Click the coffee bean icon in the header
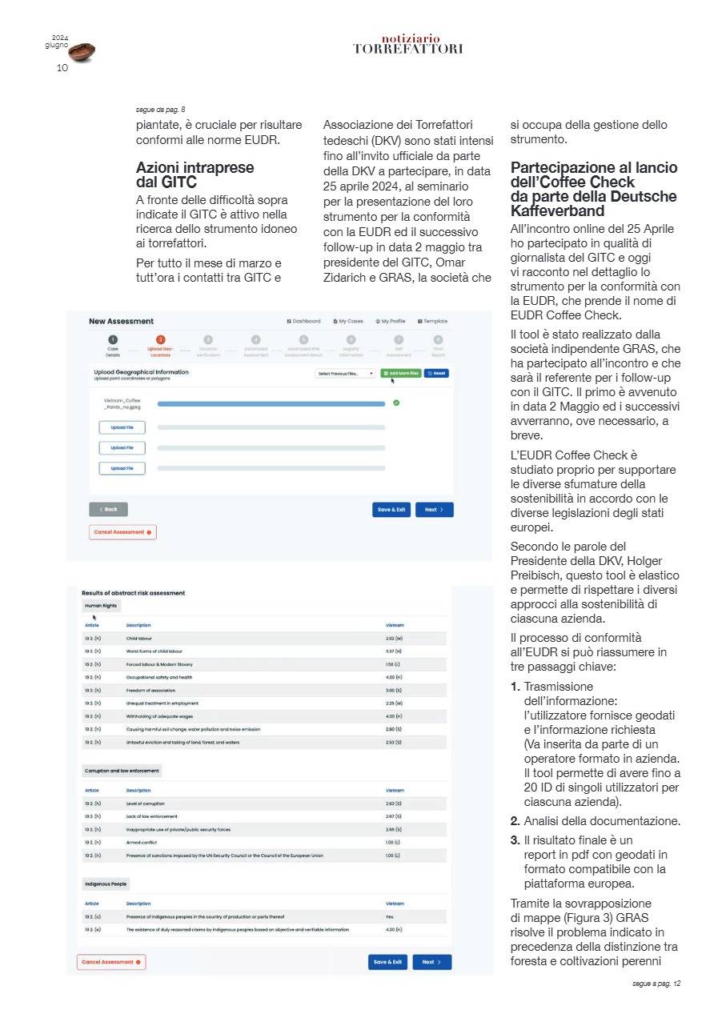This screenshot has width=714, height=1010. (x=82, y=52)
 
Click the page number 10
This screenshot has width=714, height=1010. (x=62, y=68)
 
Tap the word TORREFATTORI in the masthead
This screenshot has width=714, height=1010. (x=408, y=49)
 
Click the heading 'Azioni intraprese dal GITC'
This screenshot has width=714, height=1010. (x=195, y=174)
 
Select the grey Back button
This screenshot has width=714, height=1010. (x=108, y=509)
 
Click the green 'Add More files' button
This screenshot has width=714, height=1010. (x=400, y=373)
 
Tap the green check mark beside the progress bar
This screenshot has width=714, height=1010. (x=396, y=403)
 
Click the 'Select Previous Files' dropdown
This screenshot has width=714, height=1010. (x=346, y=374)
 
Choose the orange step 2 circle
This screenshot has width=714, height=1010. (x=160, y=340)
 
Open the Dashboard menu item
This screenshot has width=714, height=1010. (x=303, y=321)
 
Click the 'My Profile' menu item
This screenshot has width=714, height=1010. (x=390, y=321)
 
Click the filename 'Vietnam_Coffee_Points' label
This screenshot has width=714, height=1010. (x=122, y=403)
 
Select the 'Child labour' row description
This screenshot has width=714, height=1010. (x=139, y=639)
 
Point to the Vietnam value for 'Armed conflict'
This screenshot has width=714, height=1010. (x=391, y=842)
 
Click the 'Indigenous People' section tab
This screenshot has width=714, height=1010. (x=105, y=884)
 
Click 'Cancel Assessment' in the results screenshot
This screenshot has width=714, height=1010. (x=111, y=962)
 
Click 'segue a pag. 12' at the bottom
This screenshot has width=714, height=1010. (x=656, y=983)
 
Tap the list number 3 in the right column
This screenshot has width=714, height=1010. (x=515, y=840)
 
